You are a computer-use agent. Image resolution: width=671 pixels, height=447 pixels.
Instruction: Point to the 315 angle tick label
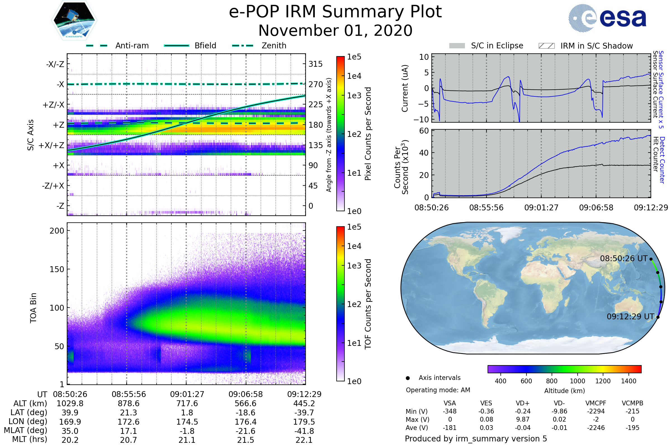315,64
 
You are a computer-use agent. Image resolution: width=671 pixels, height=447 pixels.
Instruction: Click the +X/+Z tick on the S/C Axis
51,145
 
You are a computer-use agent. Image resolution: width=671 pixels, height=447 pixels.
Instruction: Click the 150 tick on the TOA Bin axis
57,269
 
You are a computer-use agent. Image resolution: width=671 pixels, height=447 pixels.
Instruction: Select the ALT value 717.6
187,404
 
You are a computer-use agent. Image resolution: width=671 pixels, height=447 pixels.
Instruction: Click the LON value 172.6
129,422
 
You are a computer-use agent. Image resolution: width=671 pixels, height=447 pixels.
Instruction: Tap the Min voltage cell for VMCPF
596,411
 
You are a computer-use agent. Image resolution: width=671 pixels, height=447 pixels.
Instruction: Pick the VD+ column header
523,403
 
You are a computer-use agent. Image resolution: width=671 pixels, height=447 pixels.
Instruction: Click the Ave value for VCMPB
632,428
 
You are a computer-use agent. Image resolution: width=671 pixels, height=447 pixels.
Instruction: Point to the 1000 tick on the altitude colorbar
577,381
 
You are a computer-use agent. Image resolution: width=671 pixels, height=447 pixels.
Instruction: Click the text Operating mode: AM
438,390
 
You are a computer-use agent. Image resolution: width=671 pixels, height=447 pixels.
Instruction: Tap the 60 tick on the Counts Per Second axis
424,131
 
